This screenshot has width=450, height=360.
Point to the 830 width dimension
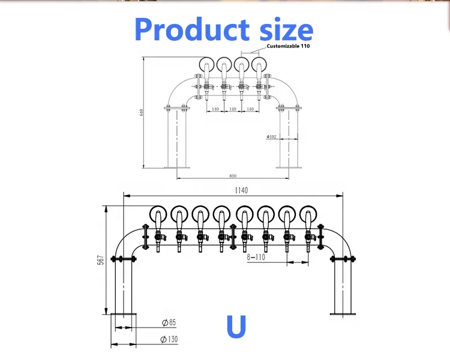coord(232,175)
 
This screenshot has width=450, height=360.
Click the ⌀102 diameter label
coord(271,137)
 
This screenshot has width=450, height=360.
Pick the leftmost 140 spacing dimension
coord(215,109)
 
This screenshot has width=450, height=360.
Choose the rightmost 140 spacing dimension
coord(250,109)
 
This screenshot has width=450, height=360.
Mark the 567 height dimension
coord(101,259)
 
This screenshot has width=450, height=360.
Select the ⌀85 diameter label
coord(169,323)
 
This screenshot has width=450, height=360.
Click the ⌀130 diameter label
coord(169,340)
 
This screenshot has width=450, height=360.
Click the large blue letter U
coord(236,327)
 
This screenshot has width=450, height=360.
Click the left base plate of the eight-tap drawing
coord(123,314)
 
